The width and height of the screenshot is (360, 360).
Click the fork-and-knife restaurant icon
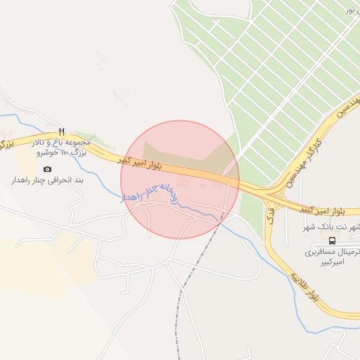point(62,131)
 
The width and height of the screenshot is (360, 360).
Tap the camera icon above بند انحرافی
point(47,169)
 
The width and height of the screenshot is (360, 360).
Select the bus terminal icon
point(332,240)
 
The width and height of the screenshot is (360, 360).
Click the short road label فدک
point(269,213)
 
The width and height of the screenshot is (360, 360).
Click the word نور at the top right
point(349,10)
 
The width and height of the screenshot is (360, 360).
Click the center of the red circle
point(180,179)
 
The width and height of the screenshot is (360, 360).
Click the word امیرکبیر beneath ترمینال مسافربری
point(332,261)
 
